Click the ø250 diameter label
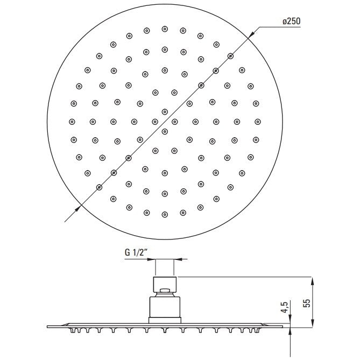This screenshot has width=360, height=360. pos(291,22)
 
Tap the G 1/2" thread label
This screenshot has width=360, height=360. pos(136,252)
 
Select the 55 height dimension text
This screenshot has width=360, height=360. pos(307,303)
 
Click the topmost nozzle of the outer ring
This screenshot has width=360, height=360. pos(165,29)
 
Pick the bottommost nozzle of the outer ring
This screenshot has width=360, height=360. pos(165,215)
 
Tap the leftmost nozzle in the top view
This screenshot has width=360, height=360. pos(72,122)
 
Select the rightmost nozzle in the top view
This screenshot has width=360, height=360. pos(258,122)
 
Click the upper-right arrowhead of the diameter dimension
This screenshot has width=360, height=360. pos(252,34)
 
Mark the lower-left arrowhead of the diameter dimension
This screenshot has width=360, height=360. pos(78,208)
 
